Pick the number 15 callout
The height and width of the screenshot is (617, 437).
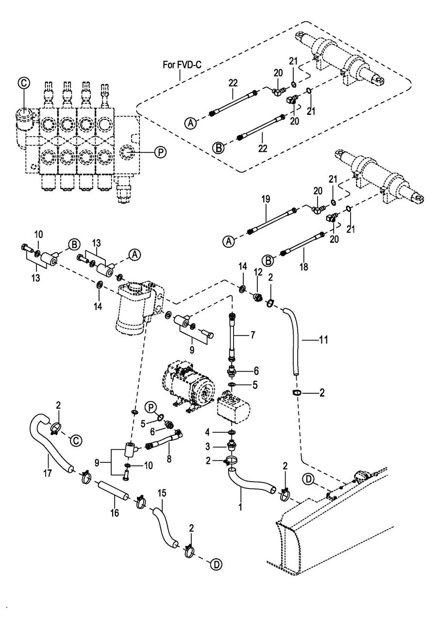coord(162,493)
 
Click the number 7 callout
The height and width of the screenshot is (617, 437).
coord(252,335)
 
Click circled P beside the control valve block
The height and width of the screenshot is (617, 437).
coord(160,152)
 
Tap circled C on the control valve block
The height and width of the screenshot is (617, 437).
coord(23,83)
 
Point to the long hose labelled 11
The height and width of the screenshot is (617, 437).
coord(295,340)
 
